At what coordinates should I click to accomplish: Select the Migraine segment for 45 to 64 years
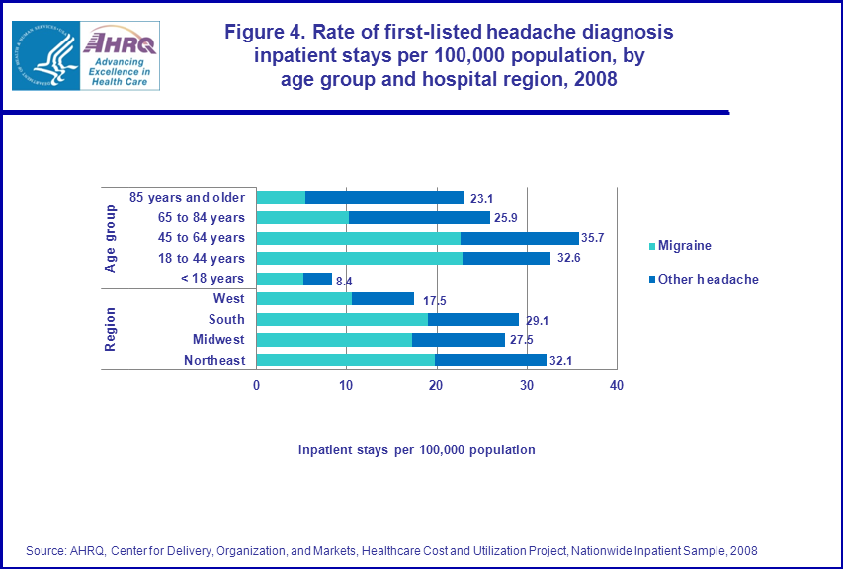[x=358, y=238]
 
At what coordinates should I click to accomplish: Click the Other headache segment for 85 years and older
[x=384, y=198]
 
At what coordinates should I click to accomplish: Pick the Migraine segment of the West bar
[x=303, y=299]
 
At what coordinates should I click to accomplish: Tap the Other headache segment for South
[x=472, y=319]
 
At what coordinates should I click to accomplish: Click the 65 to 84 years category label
[x=202, y=217]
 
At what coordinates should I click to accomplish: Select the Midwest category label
[x=218, y=340]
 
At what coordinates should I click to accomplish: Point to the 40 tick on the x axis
[x=617, y=385]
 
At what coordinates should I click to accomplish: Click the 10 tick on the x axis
[x=346, y=385]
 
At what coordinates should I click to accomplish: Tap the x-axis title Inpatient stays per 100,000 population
[x=416, y=450]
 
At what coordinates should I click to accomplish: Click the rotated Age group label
[x=111, y=238]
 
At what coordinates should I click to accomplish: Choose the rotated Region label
[x=111, y=329]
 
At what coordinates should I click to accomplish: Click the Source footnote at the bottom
[x=392, y=550]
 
